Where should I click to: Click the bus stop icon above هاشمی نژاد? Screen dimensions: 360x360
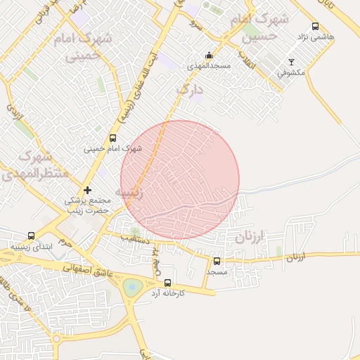click(314, 25)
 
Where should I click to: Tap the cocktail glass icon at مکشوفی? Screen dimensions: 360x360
click(292, 62)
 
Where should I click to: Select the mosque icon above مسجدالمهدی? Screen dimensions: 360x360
click(209, 56)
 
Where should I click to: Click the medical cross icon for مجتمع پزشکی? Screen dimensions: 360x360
click(87, 190)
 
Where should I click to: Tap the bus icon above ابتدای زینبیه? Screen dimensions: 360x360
click(31, 236)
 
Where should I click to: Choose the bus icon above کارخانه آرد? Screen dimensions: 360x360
click(167, 283)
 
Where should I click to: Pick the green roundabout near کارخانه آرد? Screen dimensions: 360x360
click(132, 287)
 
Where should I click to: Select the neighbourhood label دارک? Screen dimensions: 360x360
click(189, 89)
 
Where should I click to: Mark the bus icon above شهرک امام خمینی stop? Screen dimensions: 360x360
click(113, 139)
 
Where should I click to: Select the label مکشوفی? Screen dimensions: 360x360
click(290, 72)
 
